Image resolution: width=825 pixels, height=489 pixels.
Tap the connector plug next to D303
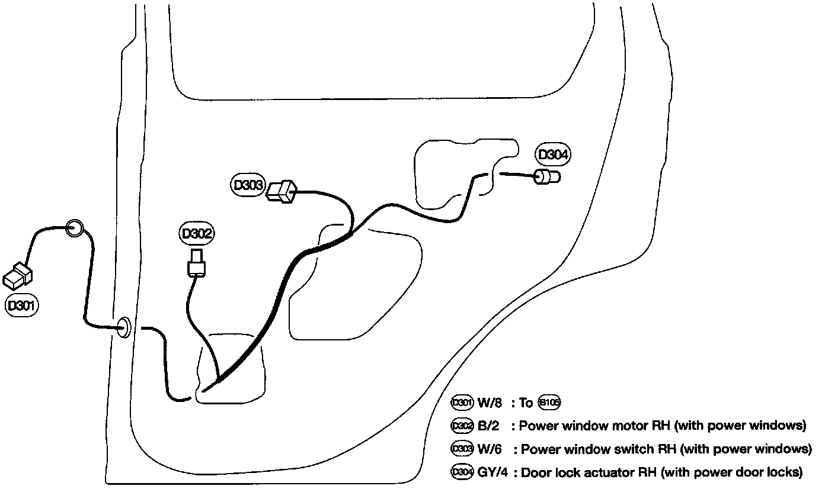[x=281, y=192]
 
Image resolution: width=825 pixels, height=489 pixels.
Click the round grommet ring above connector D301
[x=73, y=228]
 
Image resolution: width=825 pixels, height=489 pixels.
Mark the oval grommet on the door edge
[x=123, y=327]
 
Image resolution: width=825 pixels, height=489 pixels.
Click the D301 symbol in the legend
[x=462, y=403]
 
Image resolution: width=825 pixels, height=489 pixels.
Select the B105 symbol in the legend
[x=549, y=403]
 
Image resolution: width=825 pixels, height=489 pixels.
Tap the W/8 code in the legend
[x=490, y=403]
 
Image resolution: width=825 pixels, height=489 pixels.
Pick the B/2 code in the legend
[x=489, y=426]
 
